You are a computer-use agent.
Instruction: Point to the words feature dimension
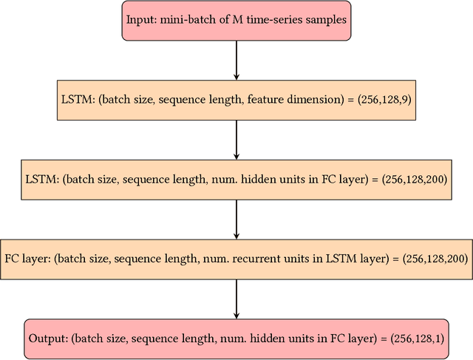[294, 99]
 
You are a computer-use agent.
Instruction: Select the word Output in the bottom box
[48, 339]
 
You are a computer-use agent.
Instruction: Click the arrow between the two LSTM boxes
[236, 140]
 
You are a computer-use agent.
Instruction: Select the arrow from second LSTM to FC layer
[236, 220]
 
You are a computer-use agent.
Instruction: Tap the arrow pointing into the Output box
[236, 299]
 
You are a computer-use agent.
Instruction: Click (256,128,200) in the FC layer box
[432, 259]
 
